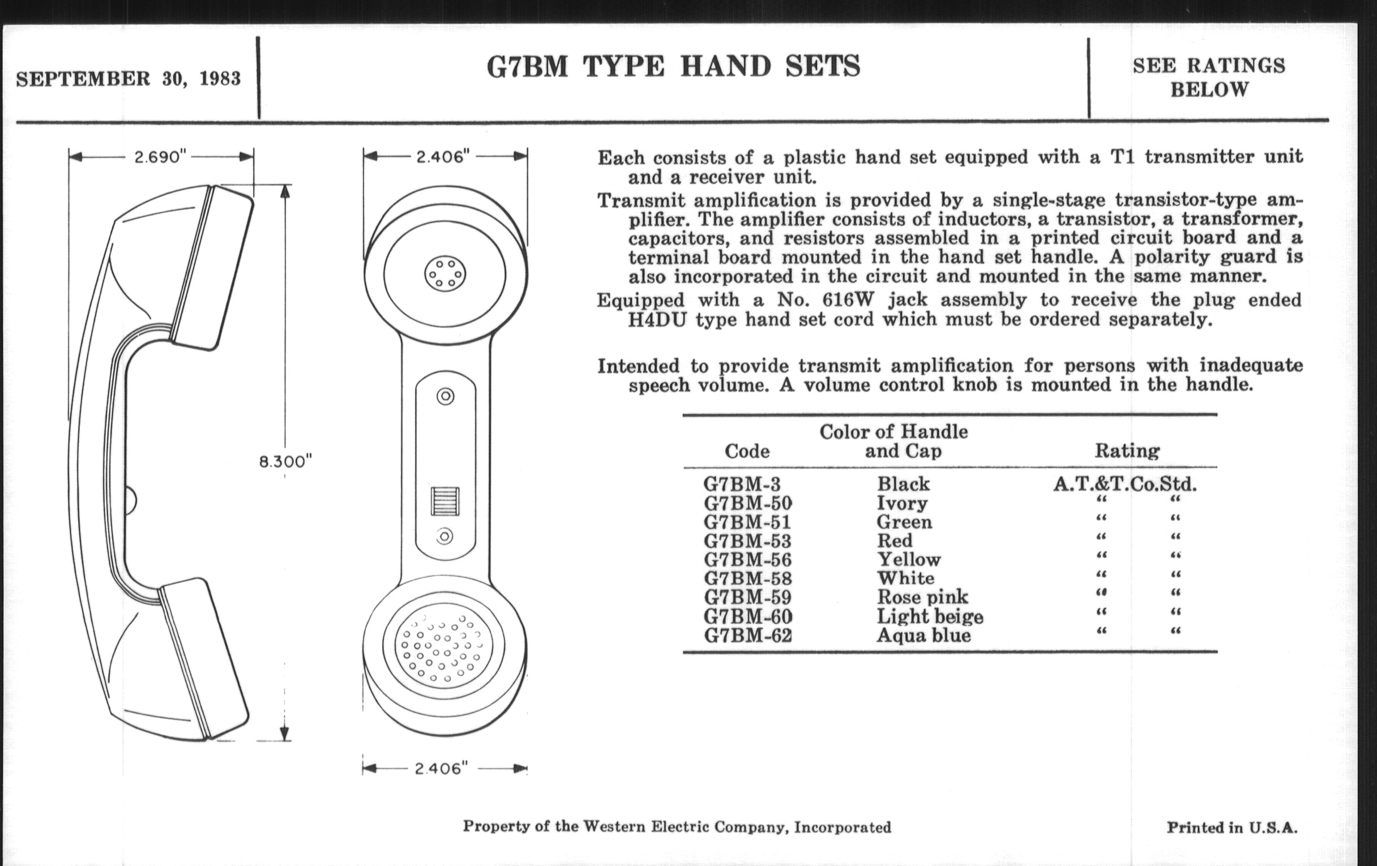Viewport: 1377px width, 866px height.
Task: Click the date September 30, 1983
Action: (x=128, y=78)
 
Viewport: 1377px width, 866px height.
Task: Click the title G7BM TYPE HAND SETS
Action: (x=673, y=66)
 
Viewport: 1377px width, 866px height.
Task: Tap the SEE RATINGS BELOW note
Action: (x=1209, y=77)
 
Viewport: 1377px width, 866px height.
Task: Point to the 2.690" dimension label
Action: (x=161, y=157)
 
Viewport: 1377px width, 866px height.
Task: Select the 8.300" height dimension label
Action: (x=285, y=461)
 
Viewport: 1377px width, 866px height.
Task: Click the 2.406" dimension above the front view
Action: (x=443, y=157)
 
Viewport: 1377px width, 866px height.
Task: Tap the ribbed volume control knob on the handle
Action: (x=445, y=501)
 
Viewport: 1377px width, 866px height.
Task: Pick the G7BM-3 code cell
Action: (x=742, y=484)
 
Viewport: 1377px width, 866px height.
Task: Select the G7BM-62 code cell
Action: (x=747, y=635)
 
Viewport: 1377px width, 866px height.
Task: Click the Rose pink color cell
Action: (x=922, y=597)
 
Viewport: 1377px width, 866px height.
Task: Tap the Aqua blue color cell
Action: (x=923, y=635)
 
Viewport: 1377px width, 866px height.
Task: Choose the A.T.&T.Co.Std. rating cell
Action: (x=1125, y=485)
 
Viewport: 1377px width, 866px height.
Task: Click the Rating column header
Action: (x=1127, y=451)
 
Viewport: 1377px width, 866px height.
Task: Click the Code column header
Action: (x=747, y=452)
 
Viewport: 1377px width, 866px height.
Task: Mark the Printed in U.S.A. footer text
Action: (x=1231, y=827)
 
